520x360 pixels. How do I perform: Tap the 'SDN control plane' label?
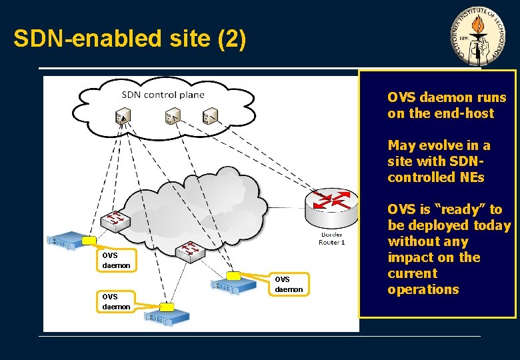[x=163, y=94]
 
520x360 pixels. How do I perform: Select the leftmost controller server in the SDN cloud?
[x=123, y=117]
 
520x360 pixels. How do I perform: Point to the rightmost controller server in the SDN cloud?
[x=210, y=117]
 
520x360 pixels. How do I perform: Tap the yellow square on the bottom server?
[x=166, y=307]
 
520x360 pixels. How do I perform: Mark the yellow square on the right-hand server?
[x=233, y=275]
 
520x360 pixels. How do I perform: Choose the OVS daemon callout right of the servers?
[x=289, y=285]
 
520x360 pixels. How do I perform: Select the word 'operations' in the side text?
[x=423, y=289]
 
